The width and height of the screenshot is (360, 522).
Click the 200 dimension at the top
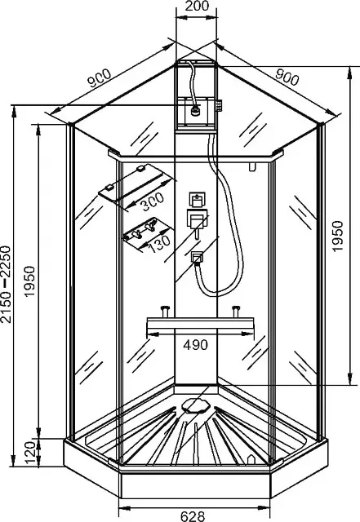pyautogui.click(x=197, y=6)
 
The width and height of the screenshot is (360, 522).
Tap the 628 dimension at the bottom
pyautogui.click(x=193, y=516)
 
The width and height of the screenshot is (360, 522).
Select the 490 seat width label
pyautogui.click(x=196, y=345)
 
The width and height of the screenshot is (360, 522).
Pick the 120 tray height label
pyautogui.click(x=30, y=453)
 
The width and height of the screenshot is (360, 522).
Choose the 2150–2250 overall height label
pyautogui.click(x=6, y=285)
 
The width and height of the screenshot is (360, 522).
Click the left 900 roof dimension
pyautogui.click(x=99, y=78)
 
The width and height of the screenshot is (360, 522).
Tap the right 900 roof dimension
pyautogui.click(x=287, y=78)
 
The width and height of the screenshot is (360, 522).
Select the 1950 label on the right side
pyautogui.click(x=337, y=236)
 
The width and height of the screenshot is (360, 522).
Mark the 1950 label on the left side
pyautogui.click(x=29, y=281)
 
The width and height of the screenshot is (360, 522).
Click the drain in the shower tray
pyautogui.click(x=196, y=405)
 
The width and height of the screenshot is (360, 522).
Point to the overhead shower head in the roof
pyautogui.click(x=196, y=110)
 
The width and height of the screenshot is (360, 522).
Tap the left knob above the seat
pyautogui.click(x=165, y=312)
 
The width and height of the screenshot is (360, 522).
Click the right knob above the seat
pyautogui.click(x=237, y=312)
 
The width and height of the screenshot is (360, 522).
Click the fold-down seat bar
pyautogui.click(x=200, y=325)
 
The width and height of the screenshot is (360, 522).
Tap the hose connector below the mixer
pyautogui.click(x=198, y=258)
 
